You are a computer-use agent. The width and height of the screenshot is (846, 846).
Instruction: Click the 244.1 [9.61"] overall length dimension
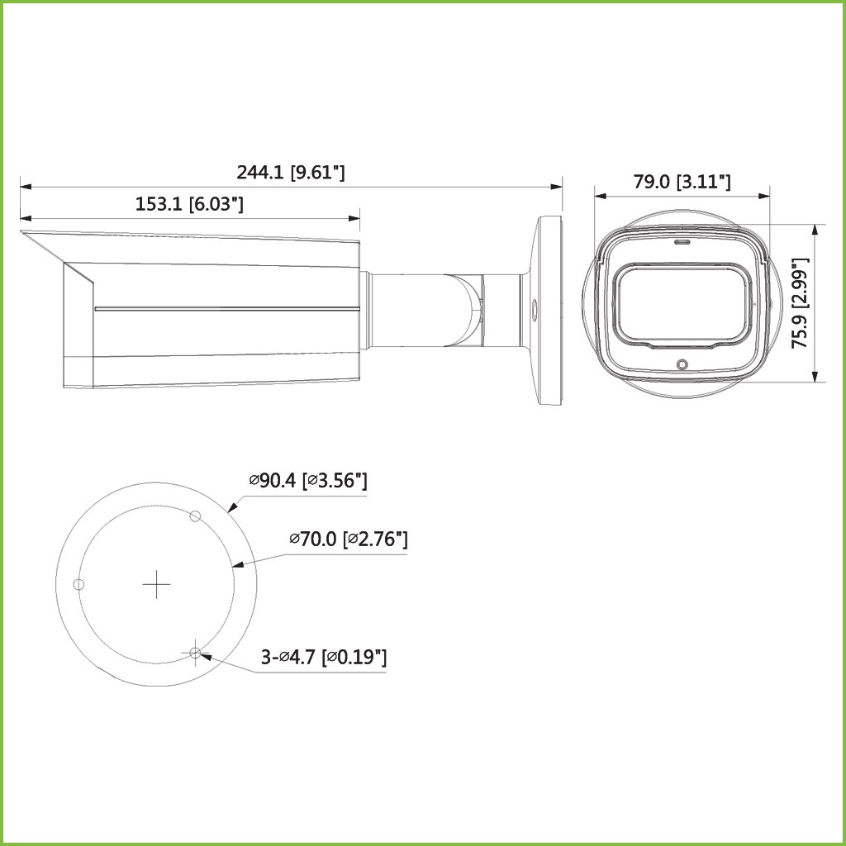[291, 173]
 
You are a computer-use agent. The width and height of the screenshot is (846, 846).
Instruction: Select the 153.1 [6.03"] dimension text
[189, 205]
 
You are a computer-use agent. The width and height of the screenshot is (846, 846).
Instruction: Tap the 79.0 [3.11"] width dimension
[682, 182]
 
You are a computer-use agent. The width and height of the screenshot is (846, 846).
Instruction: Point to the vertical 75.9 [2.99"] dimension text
[800, 302]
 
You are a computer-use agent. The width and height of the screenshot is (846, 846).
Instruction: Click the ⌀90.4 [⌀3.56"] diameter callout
[308, 480]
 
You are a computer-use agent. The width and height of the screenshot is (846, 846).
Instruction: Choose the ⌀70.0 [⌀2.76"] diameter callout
[349, 539]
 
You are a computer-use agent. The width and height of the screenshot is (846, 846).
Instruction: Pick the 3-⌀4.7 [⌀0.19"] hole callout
[324, 657]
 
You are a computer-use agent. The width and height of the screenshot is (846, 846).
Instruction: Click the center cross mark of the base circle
[156, 584]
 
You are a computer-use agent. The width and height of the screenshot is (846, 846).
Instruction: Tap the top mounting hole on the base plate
[196, 516]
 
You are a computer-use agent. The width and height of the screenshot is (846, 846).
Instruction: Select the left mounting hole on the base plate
[78, 584]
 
